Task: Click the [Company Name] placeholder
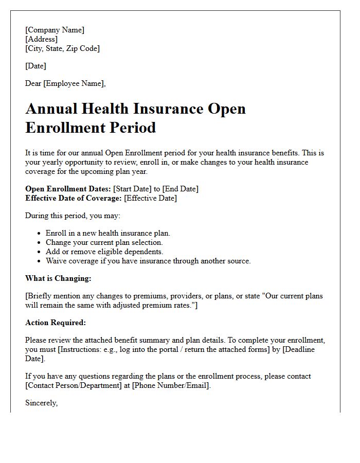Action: click(55, 30)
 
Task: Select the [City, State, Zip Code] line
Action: click(62, 48)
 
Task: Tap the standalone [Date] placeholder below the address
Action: click(35, 66)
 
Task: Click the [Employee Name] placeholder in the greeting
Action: click(75, 83)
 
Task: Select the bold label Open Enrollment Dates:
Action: click(68, 189)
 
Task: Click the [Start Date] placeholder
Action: click(132, 189)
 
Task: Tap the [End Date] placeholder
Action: click(180, 189)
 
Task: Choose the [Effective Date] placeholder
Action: click(151, 198)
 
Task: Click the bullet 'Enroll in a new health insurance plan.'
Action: click(107, 233)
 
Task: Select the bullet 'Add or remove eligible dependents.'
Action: click(104, 252)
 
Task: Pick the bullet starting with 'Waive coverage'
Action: click(148, 261)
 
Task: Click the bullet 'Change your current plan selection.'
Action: click(104, 242)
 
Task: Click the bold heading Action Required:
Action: click(56, 323)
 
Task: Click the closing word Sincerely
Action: click(41, 403)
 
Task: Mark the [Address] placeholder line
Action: click(41, 39)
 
